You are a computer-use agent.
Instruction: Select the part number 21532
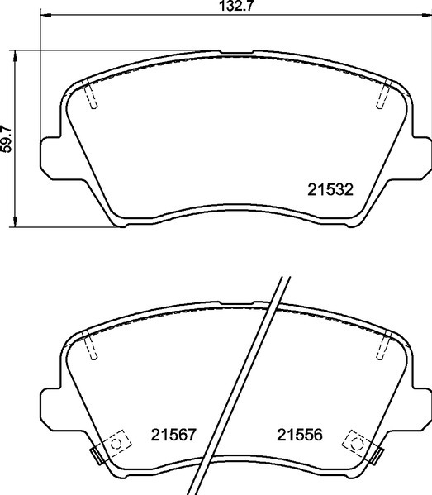click(330, 189)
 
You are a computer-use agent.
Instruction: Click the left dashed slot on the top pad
click(93, 98)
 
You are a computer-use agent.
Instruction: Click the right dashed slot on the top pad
click(382, 97)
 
